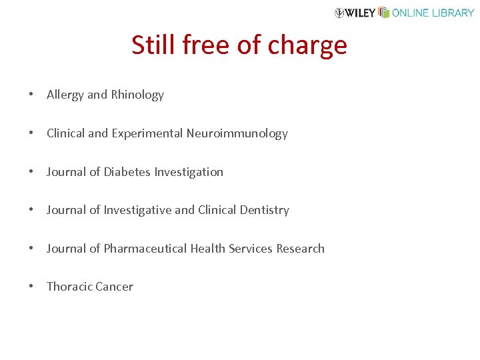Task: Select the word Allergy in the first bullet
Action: pos(65,95)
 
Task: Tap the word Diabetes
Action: pos(127,172)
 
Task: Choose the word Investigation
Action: pos(189,172)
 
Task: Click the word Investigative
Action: pos(137,210)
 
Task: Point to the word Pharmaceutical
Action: pos(145,249)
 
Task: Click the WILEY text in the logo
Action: pos(361,13)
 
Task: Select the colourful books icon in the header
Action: pos(383,12)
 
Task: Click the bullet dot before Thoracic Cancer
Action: pos(31,287)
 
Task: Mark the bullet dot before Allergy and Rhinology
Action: pos(31,95)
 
